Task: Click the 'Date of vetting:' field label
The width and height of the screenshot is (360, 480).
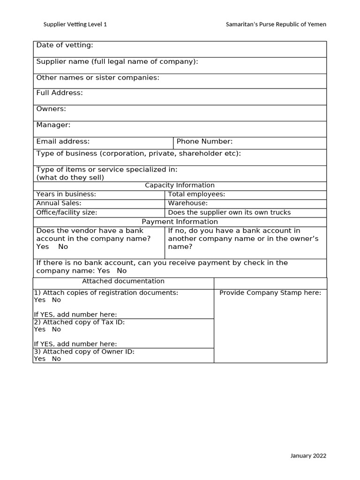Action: pyautogui.click(x=65, y=45)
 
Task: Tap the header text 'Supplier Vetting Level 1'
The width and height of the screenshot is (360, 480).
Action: pyautogui.click(x=75, y=24)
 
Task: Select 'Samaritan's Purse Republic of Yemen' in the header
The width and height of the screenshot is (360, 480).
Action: pyautogui.click(x=276, y=24)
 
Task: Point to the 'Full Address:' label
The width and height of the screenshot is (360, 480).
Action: pyautogui.click(x=60, y=93)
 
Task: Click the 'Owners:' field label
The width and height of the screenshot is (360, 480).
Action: pyautogui.click(x=51, y=109)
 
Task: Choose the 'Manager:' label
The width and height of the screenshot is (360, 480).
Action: pyautogui.click(x=53, y=125)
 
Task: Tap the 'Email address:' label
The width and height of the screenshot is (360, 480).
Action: pyautogui.click(x=63, y=141)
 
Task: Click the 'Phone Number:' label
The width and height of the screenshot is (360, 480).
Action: pyautogui.click(x=204, y=141)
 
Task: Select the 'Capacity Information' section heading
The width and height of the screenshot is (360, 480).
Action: pyautogui.click(x=180, y=185)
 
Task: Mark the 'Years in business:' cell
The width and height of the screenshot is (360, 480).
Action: pyautogui.click(x=66, y=194)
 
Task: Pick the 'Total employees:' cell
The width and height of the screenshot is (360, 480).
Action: pyautogui.click(x=196, y=194)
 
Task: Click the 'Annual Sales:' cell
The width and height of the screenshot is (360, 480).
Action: pyautogui.click(x=59, y=203)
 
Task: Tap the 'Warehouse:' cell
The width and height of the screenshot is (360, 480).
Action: pyautogui.click(x=187, y=203)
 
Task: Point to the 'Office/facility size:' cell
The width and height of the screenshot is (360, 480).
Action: pyautogui.click(x=67, y=212)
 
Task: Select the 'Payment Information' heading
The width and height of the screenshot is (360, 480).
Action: pyautogui.click(x=180, y=221)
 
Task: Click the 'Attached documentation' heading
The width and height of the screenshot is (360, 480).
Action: pyautogui.click(x=123, y=281)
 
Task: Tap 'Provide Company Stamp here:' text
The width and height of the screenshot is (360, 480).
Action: pyautogui.click(x=270, y=292)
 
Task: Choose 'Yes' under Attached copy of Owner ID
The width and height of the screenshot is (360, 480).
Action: pyautogui.click(x=40, y=359)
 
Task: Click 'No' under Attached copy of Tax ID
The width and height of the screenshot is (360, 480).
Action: pyautogui.click(x=56, y=329)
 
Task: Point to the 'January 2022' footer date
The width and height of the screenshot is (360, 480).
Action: pyautogui.click(x=308, y=455)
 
